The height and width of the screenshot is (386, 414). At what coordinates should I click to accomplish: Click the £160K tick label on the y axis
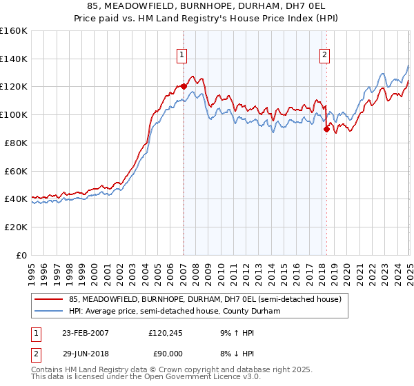pyautogui.click(x=13, y=31)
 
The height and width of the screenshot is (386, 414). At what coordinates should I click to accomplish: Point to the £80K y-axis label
pyautogui.click(x=15, y=143)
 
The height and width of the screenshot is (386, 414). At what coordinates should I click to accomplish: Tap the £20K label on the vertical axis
pyautogui.click(x=15, y=227)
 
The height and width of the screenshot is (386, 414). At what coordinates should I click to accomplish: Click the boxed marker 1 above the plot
pyautogui.click(x=181, y=56)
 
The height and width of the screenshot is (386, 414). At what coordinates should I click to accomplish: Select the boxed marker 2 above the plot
pyautogui.click(x=324, y=56)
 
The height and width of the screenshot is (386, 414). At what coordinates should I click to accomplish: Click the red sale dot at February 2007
pyautogui.click(x=184, y=86)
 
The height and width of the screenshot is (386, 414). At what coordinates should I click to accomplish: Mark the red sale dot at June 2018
pyautogui.click(x=326, y=128)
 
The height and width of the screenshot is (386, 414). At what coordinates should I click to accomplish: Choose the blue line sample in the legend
pyautogui.click(x=48, y=311)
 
